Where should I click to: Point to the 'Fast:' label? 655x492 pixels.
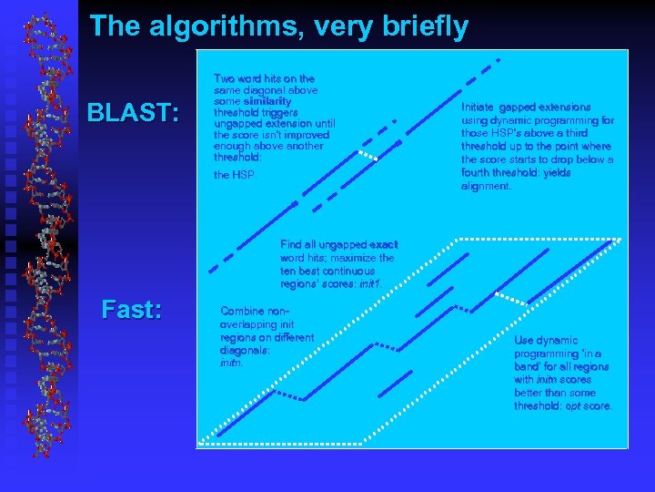pyautogui.click(x=133, y=310)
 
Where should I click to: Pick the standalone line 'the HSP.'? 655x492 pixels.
pyautogui.click(x=235, y=175)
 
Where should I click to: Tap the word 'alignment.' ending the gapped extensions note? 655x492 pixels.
pyautogui.click(x=486, y=186)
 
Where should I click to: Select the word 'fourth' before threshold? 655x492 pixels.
pyautogui.click(x=478, y=172)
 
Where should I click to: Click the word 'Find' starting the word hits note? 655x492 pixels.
pyautogui.click(x=291, y=245)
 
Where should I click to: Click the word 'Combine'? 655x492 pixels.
pyautogui.click(x=244, y=311)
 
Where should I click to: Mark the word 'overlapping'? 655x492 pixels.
pyautogui.click(x=250, y=323)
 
